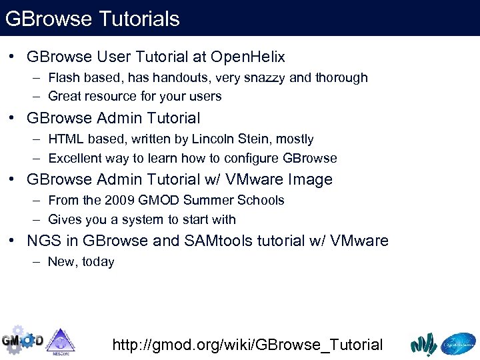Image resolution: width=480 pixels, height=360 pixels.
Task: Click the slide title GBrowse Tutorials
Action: pos(92,19)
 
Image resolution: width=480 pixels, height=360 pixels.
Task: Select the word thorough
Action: pos(340,77)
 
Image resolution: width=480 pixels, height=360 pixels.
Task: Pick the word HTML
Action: pos(65,139)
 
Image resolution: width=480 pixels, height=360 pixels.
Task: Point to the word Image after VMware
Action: pos(310,179)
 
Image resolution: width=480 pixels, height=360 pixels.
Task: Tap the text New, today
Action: pos(81,261)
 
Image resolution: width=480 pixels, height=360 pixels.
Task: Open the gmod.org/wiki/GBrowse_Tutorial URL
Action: pos(247,345)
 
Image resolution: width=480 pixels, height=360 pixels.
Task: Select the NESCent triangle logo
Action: pos(60,341)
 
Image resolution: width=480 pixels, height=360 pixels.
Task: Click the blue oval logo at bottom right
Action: pos(458,343)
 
